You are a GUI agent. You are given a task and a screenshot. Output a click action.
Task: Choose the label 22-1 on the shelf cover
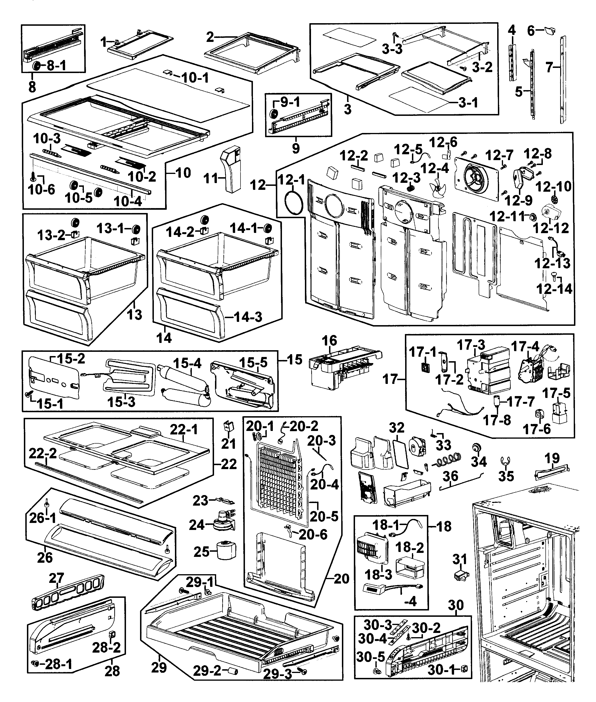pos(184,430)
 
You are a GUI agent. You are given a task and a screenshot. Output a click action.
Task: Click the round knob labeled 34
pos(477,448)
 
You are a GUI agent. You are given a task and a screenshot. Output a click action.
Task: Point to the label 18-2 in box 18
pos(410,547)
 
